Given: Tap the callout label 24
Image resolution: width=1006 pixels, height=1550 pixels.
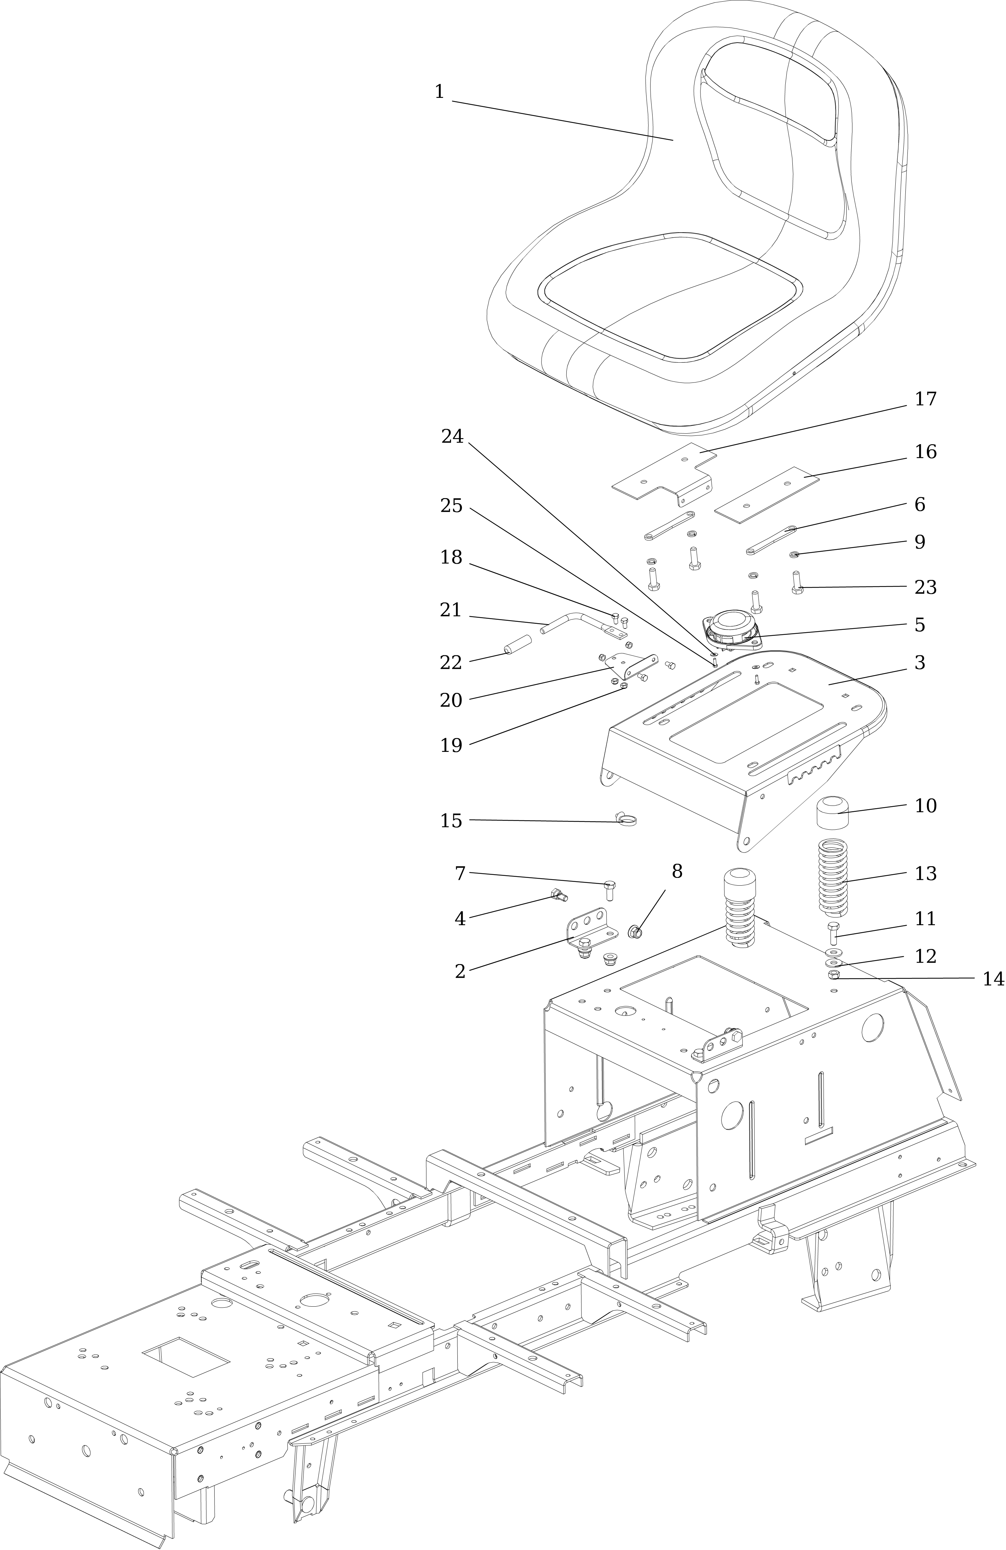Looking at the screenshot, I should (452, 436).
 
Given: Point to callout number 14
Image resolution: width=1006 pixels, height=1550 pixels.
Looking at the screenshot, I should (993, 979).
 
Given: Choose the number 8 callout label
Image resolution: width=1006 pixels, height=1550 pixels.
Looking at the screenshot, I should (677, 872).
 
